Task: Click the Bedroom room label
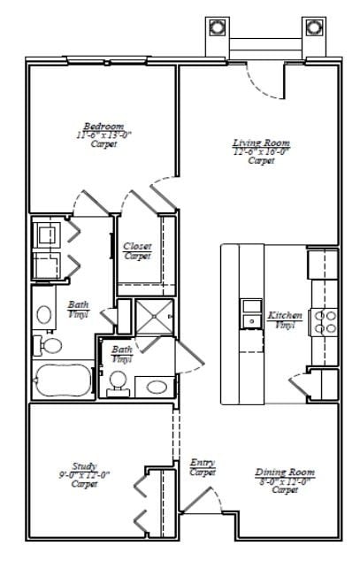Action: pyautogui.click(x=103, y=127)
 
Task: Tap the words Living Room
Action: pyautogui.click(x=261, y=142)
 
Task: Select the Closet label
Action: pyautogui.click(x=137, y=246)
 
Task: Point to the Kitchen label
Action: pyautogui.click(x=285, y=316)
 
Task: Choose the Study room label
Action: pyautogui.click(x=85, y=466)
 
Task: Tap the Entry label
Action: pyautogui.click(x=202, y=463)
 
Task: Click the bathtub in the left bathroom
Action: pyautogui.click(x=63, y=381)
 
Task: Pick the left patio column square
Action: pyautogui.click(x=218, y=27)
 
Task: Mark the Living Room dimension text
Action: pyautogui.click(x=261, y=151)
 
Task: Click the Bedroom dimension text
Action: pyautogui.click(x=103, y=135)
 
